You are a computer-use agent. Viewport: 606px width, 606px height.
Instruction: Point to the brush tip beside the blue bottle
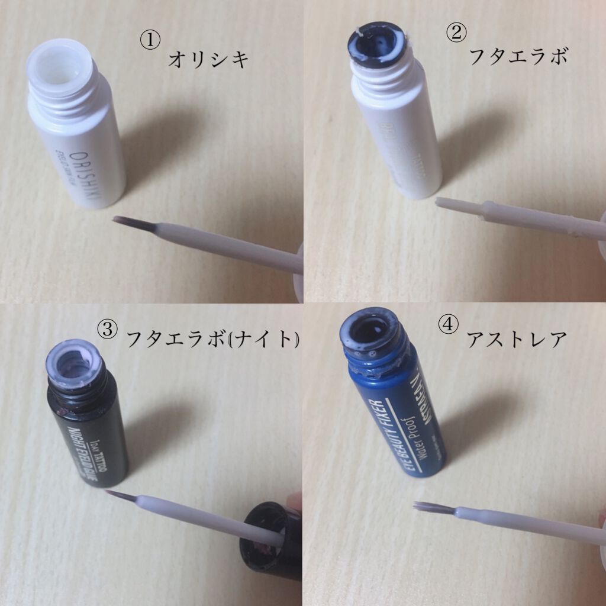(430, 507)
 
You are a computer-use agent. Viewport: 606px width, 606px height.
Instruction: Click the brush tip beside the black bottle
(118, 494)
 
